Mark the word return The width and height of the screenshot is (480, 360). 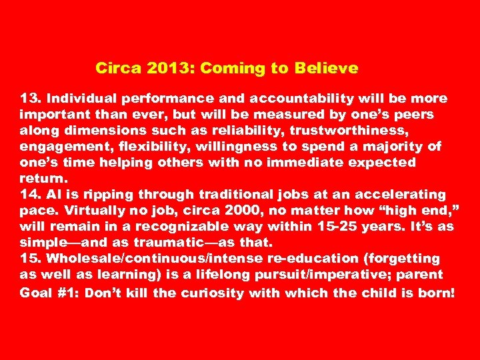[43, 178]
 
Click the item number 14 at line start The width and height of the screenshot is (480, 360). [30, 194]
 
